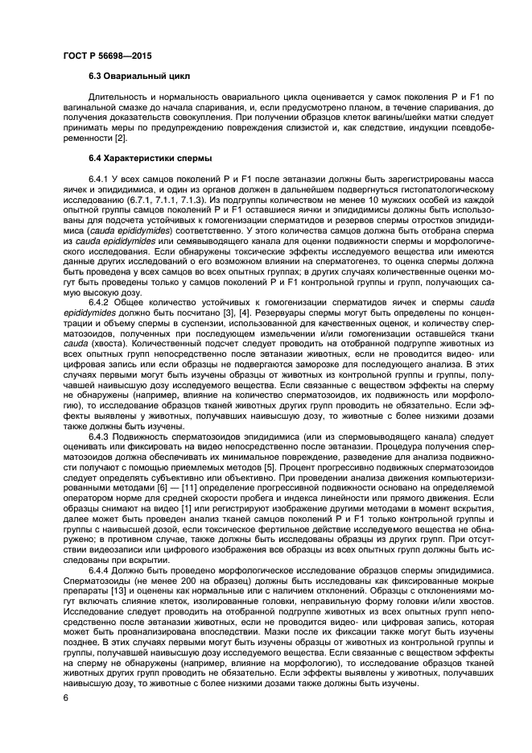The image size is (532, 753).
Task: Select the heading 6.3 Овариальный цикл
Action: click(139, 77)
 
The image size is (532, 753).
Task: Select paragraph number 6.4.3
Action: click(101, 436)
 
